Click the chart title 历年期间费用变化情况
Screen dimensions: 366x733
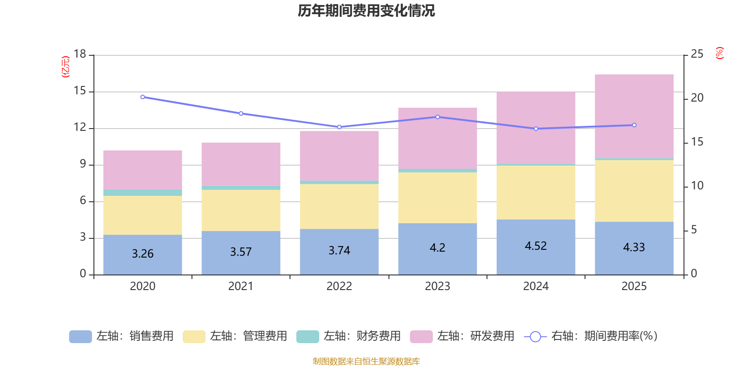click(366, 11)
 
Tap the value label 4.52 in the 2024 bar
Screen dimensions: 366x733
click(536, 246)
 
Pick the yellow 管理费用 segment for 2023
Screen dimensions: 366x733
click(438, 198)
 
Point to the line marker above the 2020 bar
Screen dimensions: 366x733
click(142, 97)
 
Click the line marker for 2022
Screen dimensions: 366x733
click(339, 127)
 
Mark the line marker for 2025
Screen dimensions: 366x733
click(634, 125)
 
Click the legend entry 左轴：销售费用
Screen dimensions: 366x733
click(122, 336)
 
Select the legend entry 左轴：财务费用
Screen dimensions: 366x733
click(349, 336)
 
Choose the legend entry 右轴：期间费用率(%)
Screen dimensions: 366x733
click(591, 336)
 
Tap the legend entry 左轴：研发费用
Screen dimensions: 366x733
click(462, 336)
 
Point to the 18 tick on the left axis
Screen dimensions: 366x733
click(80, 54)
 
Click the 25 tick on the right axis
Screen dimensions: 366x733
click(697, 54)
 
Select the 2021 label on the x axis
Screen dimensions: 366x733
click(241, 286)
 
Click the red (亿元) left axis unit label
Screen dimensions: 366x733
click(66, 67)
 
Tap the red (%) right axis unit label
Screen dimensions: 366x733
click(720, 53)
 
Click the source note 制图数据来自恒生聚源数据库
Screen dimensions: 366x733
click(366, 361)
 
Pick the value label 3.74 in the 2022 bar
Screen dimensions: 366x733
click(339, 251)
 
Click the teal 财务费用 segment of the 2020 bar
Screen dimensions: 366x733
click(142, 193)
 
